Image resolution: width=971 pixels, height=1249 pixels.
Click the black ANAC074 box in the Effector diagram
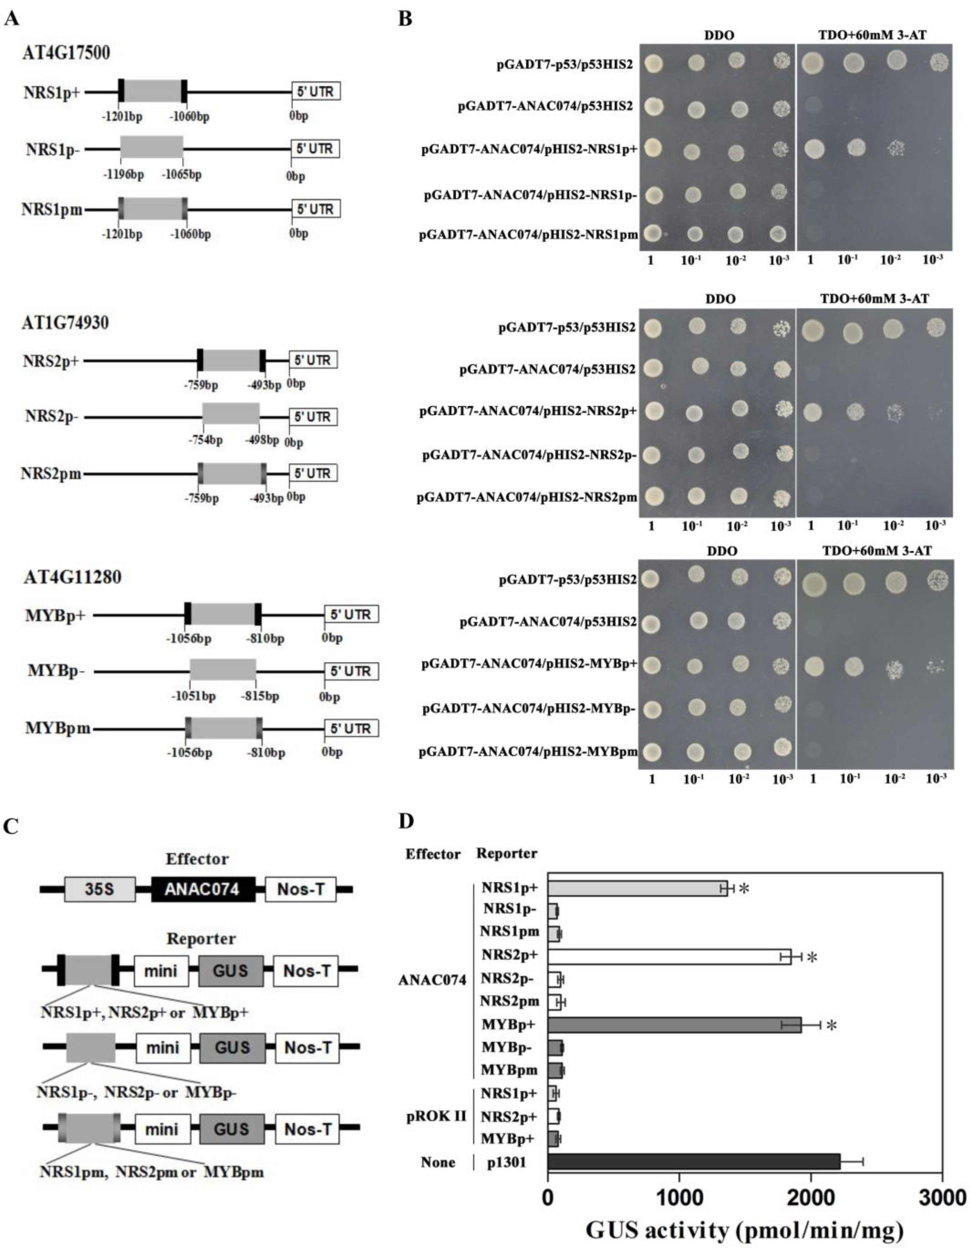203,889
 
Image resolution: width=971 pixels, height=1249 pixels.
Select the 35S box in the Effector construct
100,889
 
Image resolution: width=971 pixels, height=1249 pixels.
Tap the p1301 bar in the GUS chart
694,1162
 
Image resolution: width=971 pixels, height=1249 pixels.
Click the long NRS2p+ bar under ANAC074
669,957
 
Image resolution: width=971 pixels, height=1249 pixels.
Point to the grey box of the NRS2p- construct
231,416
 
